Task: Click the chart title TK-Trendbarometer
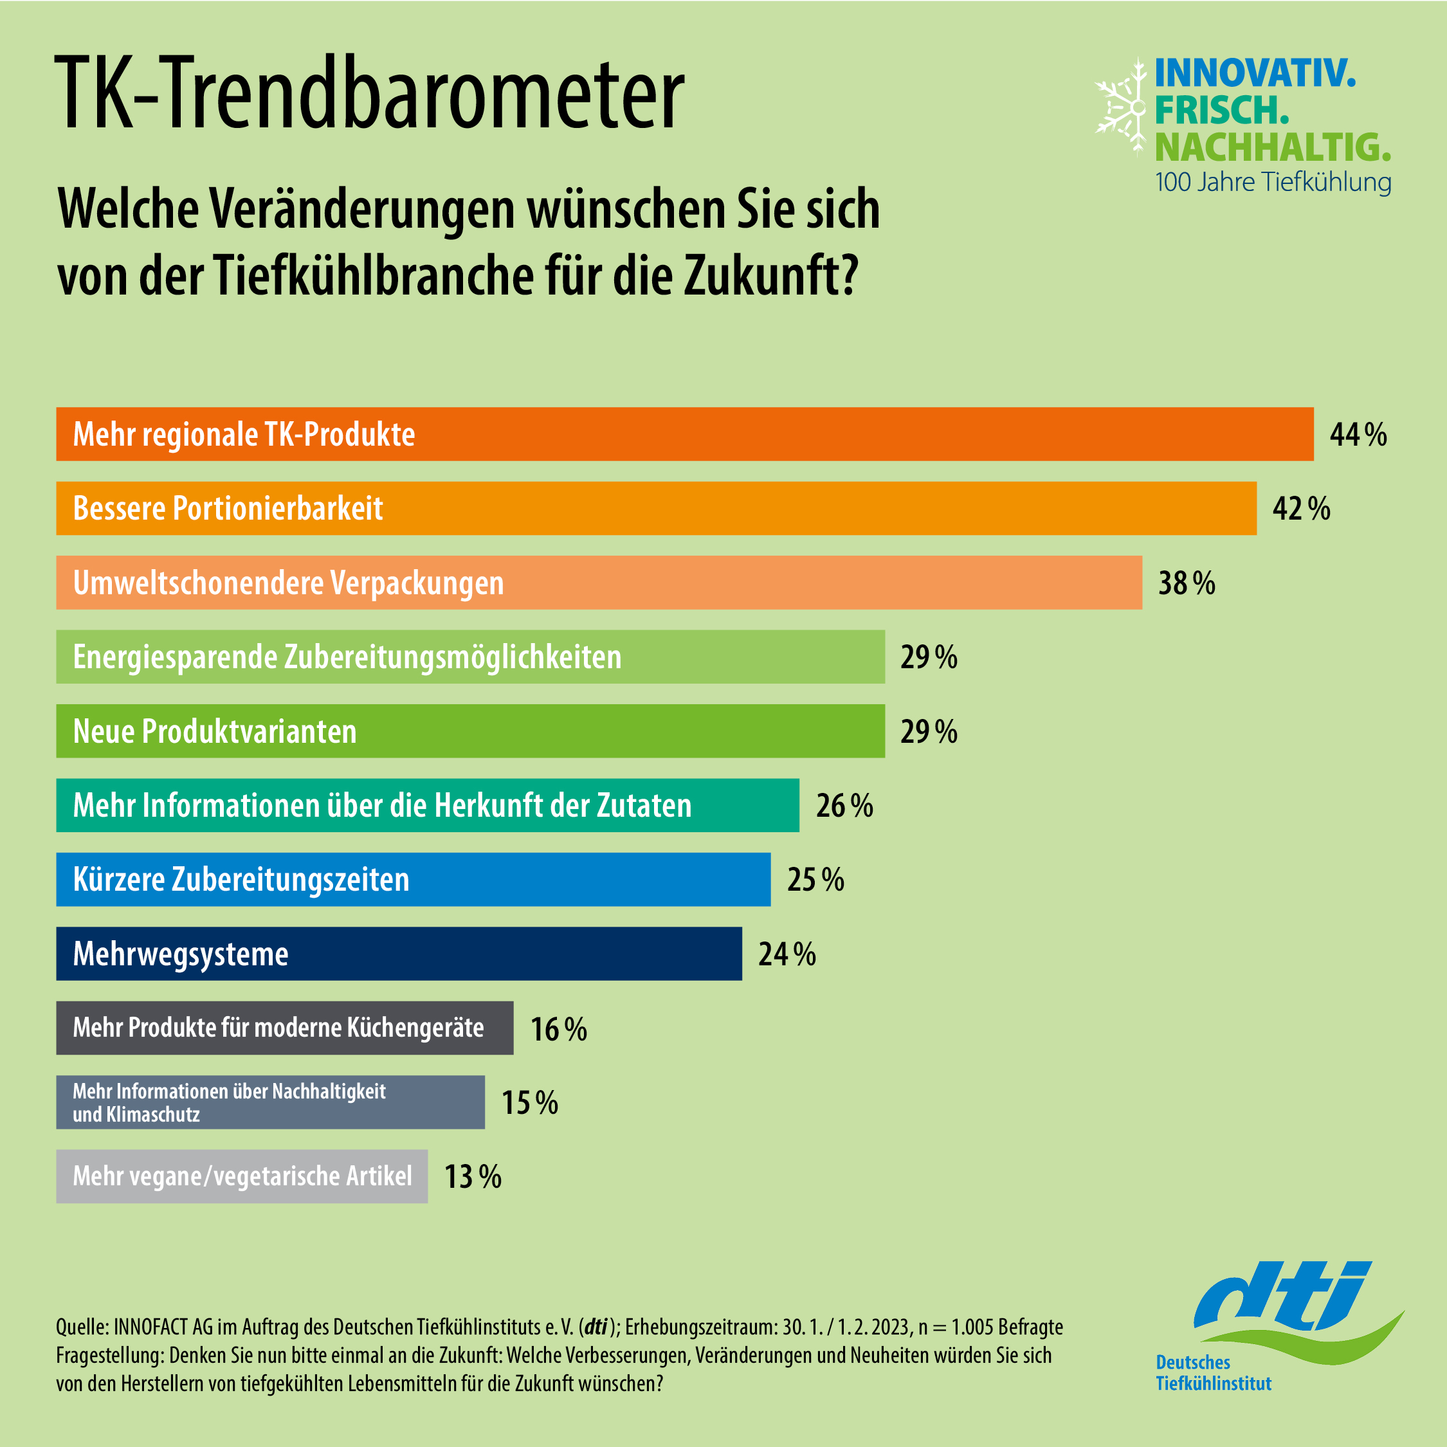pyautogui.click(x=369, y=95)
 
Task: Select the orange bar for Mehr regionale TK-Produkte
pyautogui.click(x=684, y=434)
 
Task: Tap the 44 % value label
pyautogui.click(x=1358, y=434)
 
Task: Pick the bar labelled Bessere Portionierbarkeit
pyautogui.click(x=656, y=509)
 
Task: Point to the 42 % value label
pyautogui.click(x=1301, y=509)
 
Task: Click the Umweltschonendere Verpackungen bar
pyautogui.click(x=599, y=583)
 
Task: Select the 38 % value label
pyautogui.click(x=1187, y=583)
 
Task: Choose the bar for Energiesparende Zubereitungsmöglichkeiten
pyautogui.click(x=470, y=657)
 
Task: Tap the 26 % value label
pyautogui.click(x=844, y=806)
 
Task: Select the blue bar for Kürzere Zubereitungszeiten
pyautogui.click(x=414, y=879)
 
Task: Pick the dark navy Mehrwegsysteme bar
pyautogui.click(x=399, y=954)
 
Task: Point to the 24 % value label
pyautogui.click(x=787, y=954)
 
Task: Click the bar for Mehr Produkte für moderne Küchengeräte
pyautogui.click(x=285, y=1028)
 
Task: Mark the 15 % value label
pyautogui.click(x=529, y=1102)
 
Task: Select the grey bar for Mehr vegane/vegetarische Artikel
pyautogui.click(x=242, y=1176)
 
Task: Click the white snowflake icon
pyautogui.click(x=1121, y=108)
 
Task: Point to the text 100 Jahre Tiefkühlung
pyautogui.click(x=1273, y=182)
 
